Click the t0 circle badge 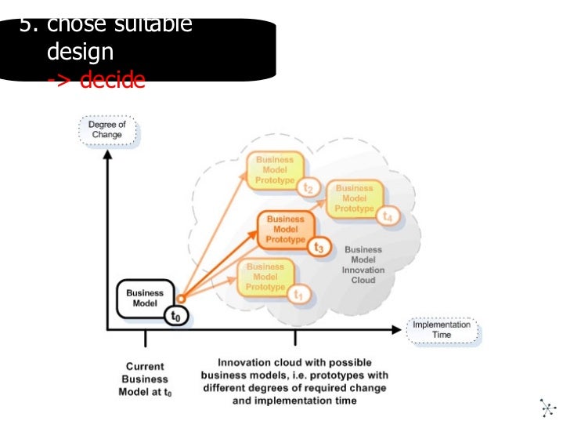176,315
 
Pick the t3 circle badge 318,247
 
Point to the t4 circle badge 388,216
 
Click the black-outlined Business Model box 145,299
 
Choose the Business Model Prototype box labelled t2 274,170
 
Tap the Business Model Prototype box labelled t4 354,198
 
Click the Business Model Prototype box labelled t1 265,277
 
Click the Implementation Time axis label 442,329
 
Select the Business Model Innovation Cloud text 363,265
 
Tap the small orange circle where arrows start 180,298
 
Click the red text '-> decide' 96,80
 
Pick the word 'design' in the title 80,53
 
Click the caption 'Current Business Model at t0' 145,379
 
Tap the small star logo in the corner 548,407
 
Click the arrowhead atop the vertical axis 106,156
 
